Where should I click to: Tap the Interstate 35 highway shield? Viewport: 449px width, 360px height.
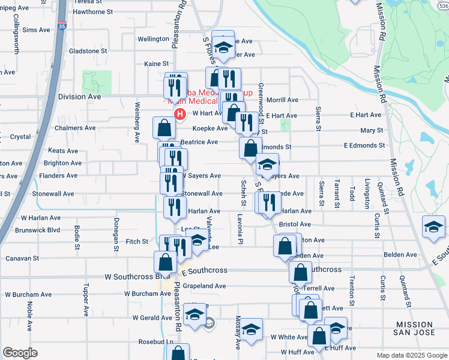[62, 26]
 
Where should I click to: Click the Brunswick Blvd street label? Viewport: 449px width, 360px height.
[38, 230]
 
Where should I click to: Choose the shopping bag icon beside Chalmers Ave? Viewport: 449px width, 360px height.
[164, 127]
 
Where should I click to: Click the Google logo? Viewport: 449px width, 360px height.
[20, 353]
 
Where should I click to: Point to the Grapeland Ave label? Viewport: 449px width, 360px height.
[204, 286]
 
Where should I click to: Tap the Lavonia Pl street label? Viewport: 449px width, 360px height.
[240, 229]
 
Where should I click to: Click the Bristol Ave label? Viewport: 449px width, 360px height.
[295, 224]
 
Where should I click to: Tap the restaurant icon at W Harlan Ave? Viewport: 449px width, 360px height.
[175, 208]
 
